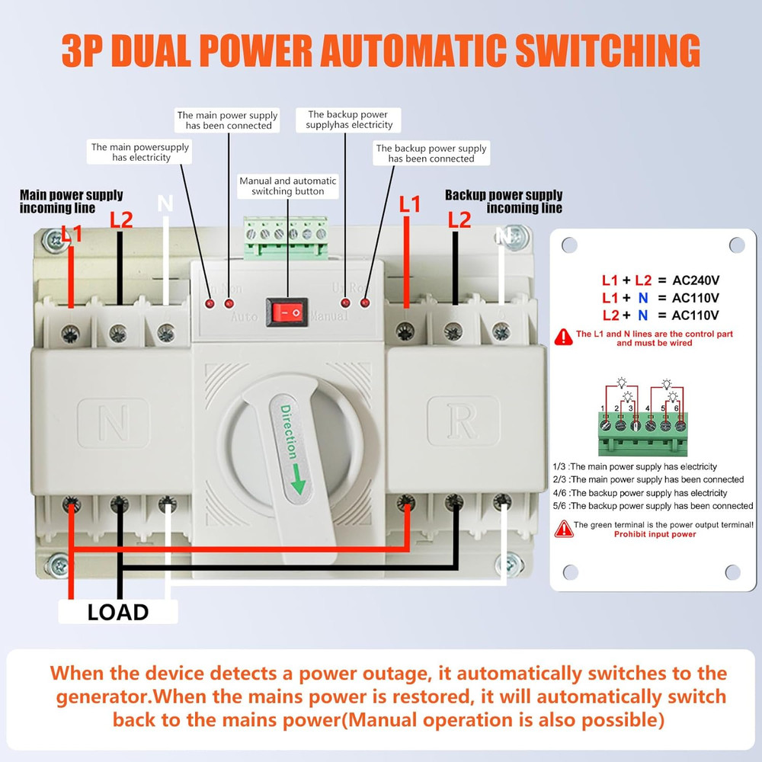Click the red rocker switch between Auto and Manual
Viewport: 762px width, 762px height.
(x=287, y=312)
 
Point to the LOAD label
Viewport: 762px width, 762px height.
(x=117, y=612)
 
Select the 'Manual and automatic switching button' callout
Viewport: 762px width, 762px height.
(x=287, y=186)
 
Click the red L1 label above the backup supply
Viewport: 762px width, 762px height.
(x=410, y=204)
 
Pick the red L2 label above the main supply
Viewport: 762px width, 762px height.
(x=121, y=219)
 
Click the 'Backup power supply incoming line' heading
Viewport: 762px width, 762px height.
(x=504, y=201)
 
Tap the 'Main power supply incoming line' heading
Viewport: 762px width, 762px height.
(x=71, y=201)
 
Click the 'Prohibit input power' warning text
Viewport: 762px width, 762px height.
(x=655, y=535)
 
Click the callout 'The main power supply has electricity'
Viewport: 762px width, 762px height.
(x=140, y=152)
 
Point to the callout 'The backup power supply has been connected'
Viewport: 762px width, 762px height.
(x=431, y=153)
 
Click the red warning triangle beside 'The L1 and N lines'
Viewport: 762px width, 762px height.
(x=564, y=336)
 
